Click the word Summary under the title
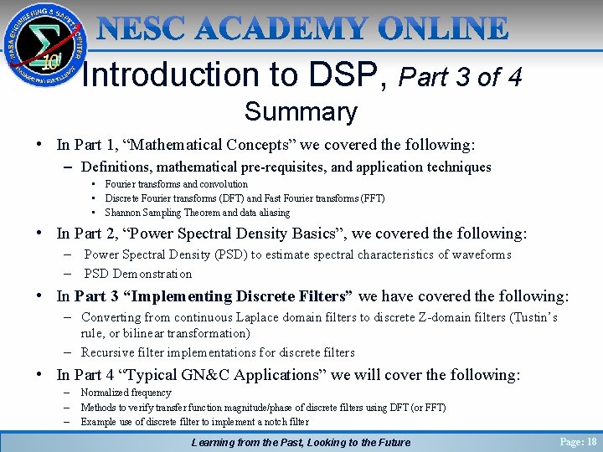(301, 111)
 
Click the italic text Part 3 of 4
(461, 77)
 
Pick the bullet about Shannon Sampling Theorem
(198, 213)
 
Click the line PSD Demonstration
(138, 274)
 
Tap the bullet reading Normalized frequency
(126, 392)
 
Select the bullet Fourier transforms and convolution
(177, 184)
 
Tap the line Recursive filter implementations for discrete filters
(218, 352)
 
